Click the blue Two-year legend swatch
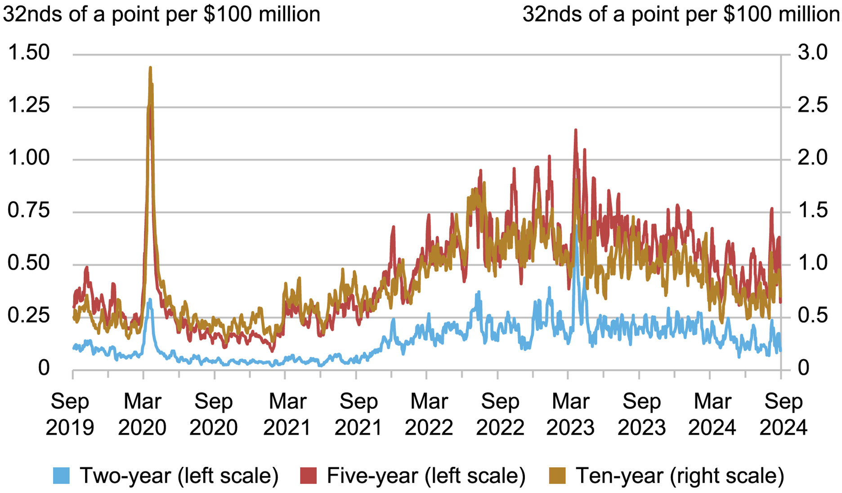pos(62,476)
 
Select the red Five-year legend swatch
pos(309,476)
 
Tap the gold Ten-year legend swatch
pos(558,476)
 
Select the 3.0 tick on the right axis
pos(812,53)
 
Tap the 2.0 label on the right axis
pos(812,158)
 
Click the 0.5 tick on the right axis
pos(812,316)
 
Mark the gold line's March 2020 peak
pos(150,68)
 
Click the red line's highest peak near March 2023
pos(575,130)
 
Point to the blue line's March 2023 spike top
pos(576,226)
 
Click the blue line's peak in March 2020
pos(149,299)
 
